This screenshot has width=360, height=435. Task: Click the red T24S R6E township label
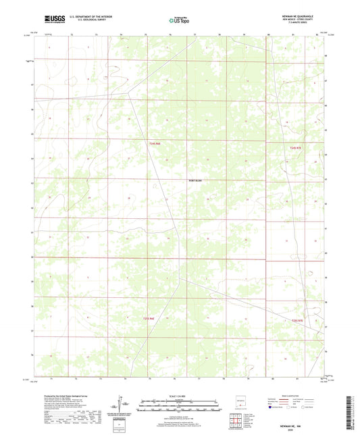pyautogui.click(x=155, y=143)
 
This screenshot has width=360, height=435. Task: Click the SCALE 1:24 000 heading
pyautogui.click(x=179, y=397)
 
